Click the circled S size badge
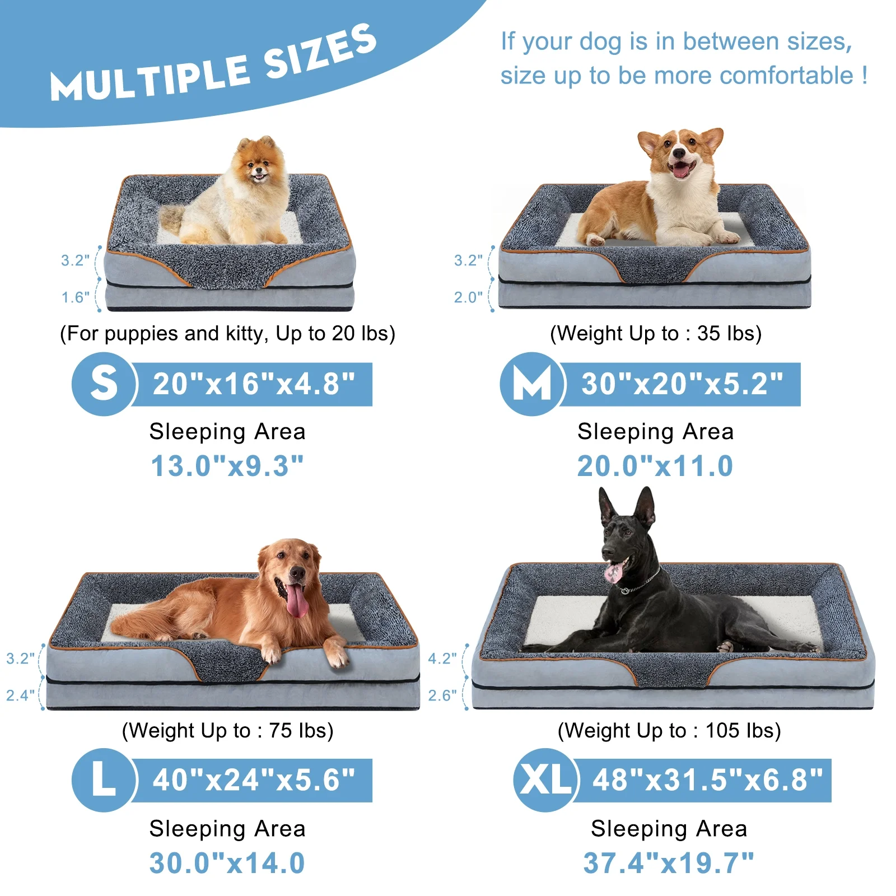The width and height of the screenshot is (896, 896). (104, 384)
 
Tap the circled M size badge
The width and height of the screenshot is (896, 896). (532, 384)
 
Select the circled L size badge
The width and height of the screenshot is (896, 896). (104, 780)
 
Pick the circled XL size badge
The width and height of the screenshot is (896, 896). (545, 780)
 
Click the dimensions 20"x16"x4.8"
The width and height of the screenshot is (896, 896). (254, 384)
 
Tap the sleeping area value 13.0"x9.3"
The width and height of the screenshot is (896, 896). (227, 466)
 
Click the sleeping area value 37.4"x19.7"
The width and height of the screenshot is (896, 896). (669, 863)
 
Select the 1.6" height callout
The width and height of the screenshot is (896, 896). (75, 297)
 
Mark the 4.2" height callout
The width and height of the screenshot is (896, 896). (442, 659)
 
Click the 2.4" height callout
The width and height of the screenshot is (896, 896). (20, 696)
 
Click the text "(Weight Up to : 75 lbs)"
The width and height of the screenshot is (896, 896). (227, 731)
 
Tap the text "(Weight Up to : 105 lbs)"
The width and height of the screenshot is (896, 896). (669, 731)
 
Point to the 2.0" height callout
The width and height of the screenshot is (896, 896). (468, 297)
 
